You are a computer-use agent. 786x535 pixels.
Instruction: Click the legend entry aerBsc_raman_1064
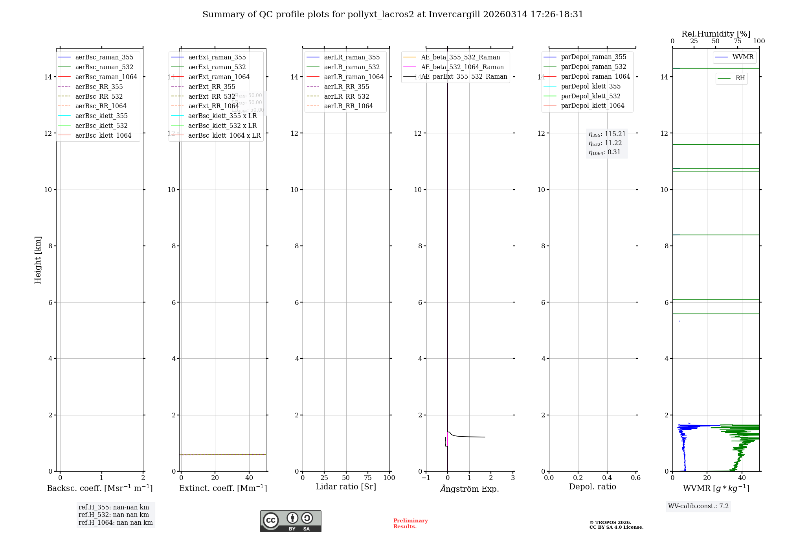point(106,77)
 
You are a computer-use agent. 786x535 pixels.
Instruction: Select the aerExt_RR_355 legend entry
point(211,87)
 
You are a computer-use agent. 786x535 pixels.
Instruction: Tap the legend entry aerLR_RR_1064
point(348,106)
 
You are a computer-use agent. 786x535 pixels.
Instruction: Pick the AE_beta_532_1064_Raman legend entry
point(462,67)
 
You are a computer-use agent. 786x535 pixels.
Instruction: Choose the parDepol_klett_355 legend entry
point(591,86)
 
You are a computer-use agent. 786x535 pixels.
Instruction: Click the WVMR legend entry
point(743,57)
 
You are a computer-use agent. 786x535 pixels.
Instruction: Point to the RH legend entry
point(740,78)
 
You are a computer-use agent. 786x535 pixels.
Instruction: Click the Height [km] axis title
point(38,260)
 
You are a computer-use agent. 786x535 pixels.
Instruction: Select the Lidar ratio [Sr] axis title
point(346,487)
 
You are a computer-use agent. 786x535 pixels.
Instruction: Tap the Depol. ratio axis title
point(592,487)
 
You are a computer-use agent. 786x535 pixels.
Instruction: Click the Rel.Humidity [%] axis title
point(716,34)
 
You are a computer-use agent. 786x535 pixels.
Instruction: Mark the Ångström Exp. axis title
point(469,489)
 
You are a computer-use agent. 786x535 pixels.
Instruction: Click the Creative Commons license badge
point(290,521)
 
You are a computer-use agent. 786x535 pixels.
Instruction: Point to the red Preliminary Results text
point(410,524)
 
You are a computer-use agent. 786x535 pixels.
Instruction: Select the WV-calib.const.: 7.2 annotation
point(698,506)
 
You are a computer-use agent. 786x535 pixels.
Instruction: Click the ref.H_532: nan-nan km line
point(114,515)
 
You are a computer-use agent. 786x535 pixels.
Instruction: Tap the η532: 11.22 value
point(605,143)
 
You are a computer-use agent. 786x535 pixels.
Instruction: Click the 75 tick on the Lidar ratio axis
point(368,478)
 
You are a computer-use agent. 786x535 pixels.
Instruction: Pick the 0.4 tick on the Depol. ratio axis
point(607,478)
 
